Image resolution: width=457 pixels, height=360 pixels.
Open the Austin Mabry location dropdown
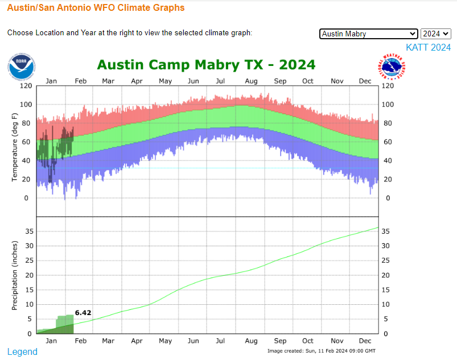point(369,34)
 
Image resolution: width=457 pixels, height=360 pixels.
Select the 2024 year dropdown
point(436,34)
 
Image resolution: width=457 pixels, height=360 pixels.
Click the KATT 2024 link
point(428,48)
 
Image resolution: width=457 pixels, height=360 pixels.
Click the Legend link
point(22,351)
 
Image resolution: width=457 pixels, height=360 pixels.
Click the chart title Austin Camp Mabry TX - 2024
point(206,64)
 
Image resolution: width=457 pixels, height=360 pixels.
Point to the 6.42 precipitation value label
point(83,312)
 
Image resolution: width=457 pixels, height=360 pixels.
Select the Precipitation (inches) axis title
point(15,275)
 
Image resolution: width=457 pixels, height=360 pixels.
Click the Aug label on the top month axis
point(251,81)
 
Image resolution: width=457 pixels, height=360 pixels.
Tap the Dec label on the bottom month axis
point(365,341)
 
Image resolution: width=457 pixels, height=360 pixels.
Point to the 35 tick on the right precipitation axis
point(385,231)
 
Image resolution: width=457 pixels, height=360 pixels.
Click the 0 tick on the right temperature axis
point(388,198)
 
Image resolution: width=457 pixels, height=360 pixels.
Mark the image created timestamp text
point(321,350)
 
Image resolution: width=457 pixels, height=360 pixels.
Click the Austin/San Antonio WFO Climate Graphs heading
point(96,8)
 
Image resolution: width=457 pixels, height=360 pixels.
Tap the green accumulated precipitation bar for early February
point(65,324)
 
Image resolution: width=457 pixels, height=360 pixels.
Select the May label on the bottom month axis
point(165,341)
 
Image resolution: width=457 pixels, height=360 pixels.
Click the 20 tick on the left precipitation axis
point(30,275)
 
